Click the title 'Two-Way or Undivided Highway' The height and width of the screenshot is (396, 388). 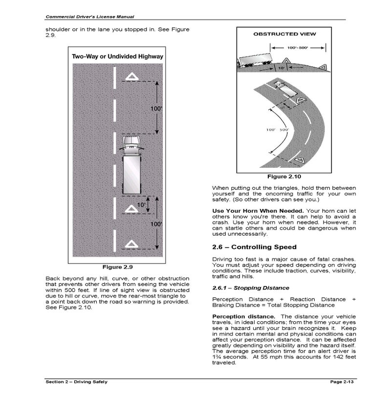pos(117,56)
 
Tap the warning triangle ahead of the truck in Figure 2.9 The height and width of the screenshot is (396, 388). pos(131,77)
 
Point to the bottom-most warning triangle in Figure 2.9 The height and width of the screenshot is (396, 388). pos(131,243)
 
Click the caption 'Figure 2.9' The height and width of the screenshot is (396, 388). pos(117,267)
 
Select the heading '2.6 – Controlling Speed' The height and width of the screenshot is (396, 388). pos(254,247)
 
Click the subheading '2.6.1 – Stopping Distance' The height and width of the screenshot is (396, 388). pos(251,288)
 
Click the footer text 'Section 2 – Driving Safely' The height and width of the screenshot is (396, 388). pos(76,381)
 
